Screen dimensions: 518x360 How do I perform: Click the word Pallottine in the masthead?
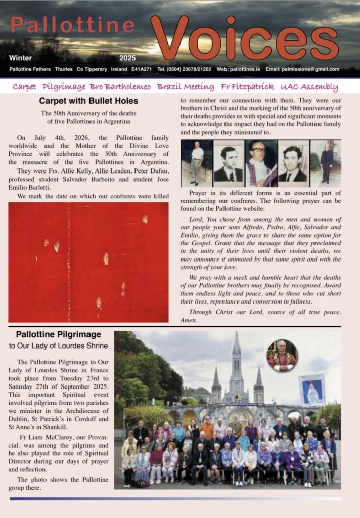pyautogui.click(x=73, y=25)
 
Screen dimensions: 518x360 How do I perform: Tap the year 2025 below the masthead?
pyautogui.click(x=128, y=58)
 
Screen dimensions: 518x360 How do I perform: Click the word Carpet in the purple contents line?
pyautogui.click(x=24, y=87)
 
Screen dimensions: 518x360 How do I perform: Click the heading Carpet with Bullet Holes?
pyautogui.click(x=88, y=101)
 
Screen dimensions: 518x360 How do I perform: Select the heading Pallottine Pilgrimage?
pyautogui.click(x=58, y=334)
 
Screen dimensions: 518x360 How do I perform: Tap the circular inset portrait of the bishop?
pyautogui.click(x=282, y=356)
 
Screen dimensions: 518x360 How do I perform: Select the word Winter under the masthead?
pyautogui.click(x=20, y=58)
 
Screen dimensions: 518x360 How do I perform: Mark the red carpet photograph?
pyautogui.click(x=88, y=262)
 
